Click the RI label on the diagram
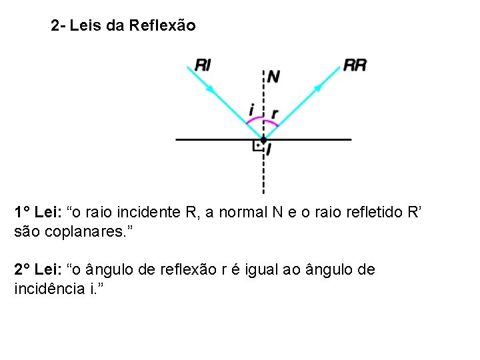203,65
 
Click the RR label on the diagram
355,65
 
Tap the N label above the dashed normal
273,76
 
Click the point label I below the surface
268,151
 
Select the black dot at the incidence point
263,139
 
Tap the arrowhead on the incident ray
212,88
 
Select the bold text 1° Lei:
38,213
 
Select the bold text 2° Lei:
38,270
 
